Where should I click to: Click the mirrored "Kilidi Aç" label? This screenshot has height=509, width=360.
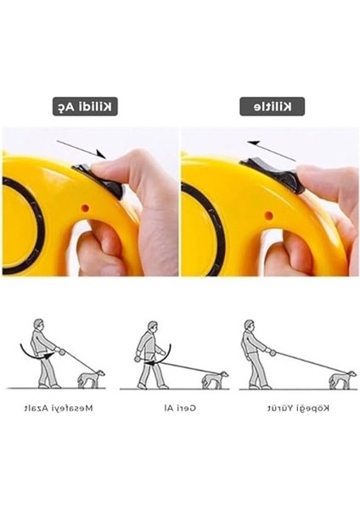click(85, 107)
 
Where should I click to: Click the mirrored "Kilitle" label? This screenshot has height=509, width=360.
click(273, 107)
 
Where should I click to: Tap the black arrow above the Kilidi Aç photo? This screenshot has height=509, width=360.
click(82, 149)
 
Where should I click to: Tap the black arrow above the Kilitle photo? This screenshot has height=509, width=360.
click(272, 151)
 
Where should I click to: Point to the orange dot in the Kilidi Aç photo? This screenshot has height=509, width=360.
click(85, 208)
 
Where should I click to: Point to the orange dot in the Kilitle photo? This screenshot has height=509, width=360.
click(268, 215)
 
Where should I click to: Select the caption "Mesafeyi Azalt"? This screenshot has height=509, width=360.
click(59, 408)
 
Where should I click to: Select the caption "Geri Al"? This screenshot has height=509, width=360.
click(180, 408)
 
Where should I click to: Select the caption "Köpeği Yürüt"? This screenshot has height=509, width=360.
click(298, 408)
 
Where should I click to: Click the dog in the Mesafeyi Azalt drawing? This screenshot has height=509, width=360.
click(91, 378)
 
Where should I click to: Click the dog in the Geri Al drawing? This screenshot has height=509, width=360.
click(215, 380)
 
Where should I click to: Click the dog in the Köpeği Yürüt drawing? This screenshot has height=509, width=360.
click(342, 380)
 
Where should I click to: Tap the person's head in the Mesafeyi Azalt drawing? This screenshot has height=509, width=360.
click(39, 324)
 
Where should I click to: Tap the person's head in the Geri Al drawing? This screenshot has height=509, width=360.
click(152, 327)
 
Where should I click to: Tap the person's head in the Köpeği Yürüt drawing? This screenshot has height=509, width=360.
click(249, 325)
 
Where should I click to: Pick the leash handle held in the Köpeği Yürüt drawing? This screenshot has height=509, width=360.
click(273, 353)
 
